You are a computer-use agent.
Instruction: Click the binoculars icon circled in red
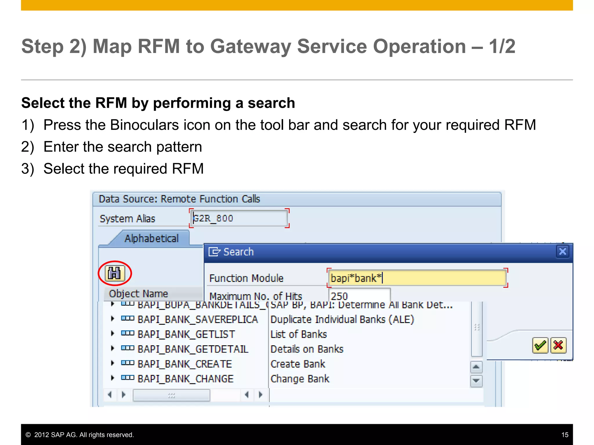(115, 273)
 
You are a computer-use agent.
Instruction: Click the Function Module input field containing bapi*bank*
(417, 278)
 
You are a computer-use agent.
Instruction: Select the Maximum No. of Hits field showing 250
(360, 296)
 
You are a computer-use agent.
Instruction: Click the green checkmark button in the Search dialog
(540, 345)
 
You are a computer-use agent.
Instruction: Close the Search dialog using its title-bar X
(562, 251)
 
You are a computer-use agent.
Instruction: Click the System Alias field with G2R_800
(239, 218)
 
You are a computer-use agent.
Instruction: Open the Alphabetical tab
(151, 238)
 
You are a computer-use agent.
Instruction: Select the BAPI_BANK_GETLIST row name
(186, 334)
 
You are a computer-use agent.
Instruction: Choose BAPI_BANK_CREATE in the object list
(184, 364)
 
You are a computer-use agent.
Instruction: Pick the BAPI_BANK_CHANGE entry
(185, 379)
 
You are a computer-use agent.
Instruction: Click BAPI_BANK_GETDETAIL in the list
(193, 349)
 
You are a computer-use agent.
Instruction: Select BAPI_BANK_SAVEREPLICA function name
(198, 320)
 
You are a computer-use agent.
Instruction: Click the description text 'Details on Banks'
(307, 349)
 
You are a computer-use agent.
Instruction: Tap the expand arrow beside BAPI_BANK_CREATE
(113, 363)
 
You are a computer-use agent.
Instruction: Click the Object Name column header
(139, 294)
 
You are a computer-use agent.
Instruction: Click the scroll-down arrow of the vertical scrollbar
(476, 381)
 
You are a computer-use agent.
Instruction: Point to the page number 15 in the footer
(565, 435)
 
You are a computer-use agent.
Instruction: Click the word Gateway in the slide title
(250, 46)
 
